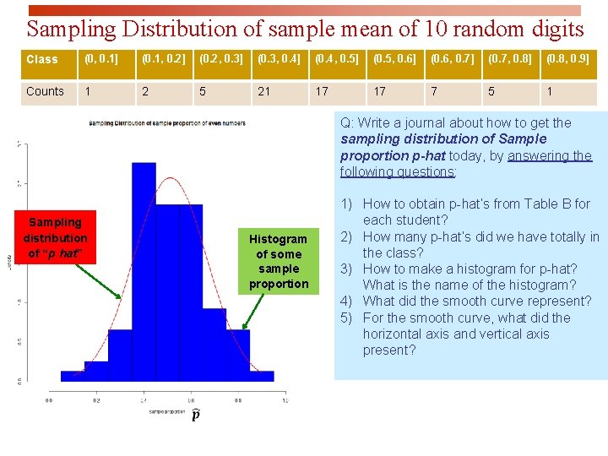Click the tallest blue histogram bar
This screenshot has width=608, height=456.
pos(144,270)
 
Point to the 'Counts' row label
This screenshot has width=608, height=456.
pos(46,91)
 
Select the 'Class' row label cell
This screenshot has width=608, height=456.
pos(46,60)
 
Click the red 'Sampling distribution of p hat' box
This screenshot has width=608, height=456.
pos(55,238)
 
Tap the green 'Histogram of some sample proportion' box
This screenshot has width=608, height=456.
pos(278,261)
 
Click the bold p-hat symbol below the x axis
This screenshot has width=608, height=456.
pos(196,415)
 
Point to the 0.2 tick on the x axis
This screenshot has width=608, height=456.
pos(96,400)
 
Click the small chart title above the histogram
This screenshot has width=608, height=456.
pos(166,124)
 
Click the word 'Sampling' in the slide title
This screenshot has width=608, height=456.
pos(72,30)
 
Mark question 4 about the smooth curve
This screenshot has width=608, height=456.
pos(477,301)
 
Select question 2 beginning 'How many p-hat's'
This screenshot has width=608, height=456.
pos(480,245)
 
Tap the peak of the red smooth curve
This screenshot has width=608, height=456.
pos(171,179)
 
